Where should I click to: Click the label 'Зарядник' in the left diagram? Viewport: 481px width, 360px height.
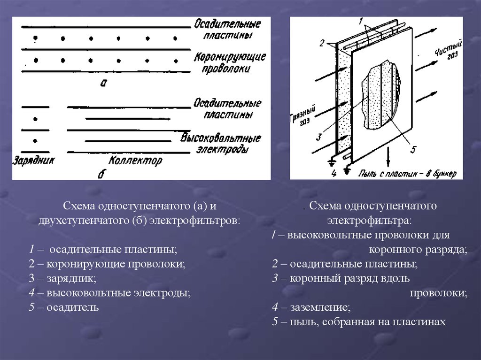click(34, 161)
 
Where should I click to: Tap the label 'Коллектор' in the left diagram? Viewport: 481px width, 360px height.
click(135, 161)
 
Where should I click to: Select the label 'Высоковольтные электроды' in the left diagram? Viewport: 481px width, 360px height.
click(221, 144)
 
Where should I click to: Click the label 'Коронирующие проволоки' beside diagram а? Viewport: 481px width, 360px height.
click(229, 62)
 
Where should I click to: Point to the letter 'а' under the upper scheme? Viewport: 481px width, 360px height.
click(104, 83)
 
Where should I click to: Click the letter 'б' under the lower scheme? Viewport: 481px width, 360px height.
click(101, 174)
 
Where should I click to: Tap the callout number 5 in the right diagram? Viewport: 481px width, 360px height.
click(413, 149)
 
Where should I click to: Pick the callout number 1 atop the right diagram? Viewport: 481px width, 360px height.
click(361, 21)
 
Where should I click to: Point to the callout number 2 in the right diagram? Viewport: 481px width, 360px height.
click(321, 43)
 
